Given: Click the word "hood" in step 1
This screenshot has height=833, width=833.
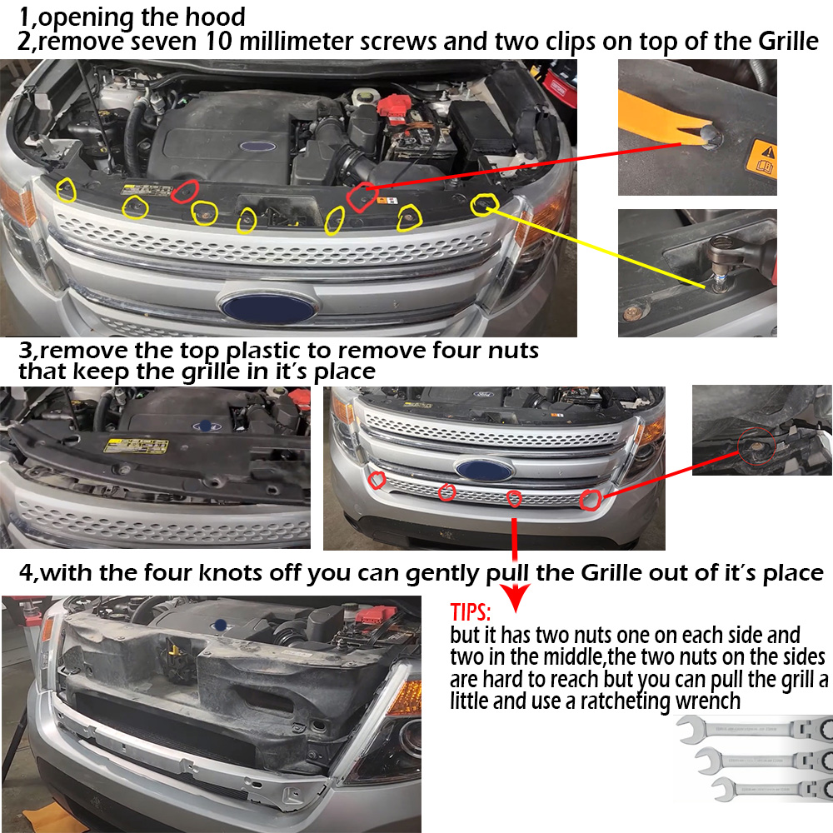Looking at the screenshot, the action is tap(215, 17).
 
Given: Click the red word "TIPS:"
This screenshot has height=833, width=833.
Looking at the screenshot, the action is tap(470, 612).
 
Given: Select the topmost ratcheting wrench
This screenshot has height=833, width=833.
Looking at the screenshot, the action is tap(755, 728).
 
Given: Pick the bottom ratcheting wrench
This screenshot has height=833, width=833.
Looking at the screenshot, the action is tap(771, 788).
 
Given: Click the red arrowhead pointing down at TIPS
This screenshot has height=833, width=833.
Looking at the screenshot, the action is tap(515, 597).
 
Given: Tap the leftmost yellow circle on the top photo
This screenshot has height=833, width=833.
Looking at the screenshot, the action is tap(67, 190).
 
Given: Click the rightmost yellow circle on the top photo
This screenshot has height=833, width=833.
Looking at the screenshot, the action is tap(484, 205).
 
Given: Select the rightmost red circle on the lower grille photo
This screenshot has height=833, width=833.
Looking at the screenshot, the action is tap(591, 499).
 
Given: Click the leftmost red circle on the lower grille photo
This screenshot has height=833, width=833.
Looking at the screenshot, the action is tap(377, 480).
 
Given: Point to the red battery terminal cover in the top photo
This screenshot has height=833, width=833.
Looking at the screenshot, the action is tap(394, 104).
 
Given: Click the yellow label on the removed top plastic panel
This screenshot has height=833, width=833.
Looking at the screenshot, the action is tap(136, 445).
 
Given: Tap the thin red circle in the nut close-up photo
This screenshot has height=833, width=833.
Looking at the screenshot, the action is tap(756, 445).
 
